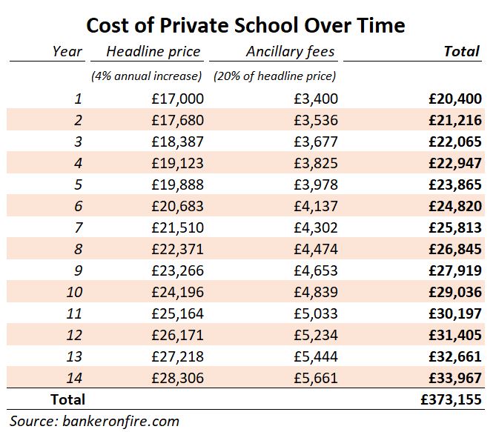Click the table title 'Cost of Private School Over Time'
pyautogui.click(x=245, y=25)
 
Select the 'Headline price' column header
pyautogui.click(x=153, y=52)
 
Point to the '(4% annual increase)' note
pyautogui.click(x=146, y=76)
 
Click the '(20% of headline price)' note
pyautogui.click(x=274, y=76)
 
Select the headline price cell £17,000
pyautogui.click(x=176, y=99)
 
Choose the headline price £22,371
pyautogui.click(x=176, y=249)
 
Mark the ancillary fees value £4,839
pyautogui.click(x=314, y=292)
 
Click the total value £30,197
pyautogui.click(x=455, y=313)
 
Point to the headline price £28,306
pyautogui.click(x=176, y=378)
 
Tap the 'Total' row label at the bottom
pyautogui.click(x=67, y=399)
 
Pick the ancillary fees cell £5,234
pyautogui.click(x=314, y=335)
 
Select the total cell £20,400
pyautogui.click(x=455, y=99)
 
